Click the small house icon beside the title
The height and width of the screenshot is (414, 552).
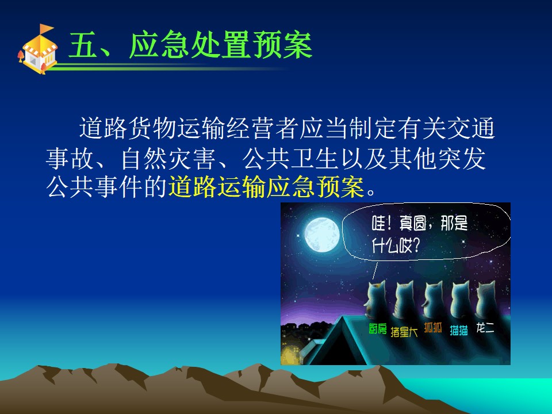point(38,49)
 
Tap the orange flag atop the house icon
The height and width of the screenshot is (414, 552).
point(46,29)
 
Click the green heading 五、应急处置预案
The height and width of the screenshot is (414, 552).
point(190,45)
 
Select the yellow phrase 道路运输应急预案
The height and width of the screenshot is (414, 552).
point(266,186)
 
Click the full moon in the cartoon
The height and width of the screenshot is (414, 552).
point(322,235)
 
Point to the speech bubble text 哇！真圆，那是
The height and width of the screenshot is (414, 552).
point(420,224)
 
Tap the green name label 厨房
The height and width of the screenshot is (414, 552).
point(377,329)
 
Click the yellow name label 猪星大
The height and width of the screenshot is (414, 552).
point(404,332)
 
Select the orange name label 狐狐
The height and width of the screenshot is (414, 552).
point(432,327)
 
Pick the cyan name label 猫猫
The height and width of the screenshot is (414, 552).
point(459,330)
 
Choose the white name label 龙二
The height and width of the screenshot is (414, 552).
point(485,328)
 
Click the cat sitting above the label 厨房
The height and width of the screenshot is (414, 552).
point(375,300)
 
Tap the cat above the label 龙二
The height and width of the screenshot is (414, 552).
point(486,300)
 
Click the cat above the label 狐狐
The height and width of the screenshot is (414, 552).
point(432,300)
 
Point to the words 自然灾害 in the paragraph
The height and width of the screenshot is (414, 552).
point(168,159)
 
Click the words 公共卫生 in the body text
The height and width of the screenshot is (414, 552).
point(290,159)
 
